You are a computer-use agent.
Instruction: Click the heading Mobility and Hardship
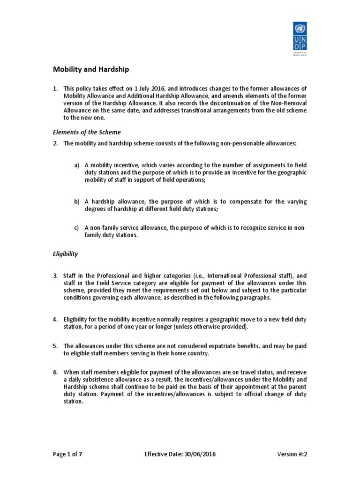coord(90,69)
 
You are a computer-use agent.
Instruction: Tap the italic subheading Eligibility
coord(65,254)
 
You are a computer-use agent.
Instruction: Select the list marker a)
coord(76,165)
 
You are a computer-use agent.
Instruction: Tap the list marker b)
coord(76,202)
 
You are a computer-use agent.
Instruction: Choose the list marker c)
coord(76,228)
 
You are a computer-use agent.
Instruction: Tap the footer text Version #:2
coord(295,454)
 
